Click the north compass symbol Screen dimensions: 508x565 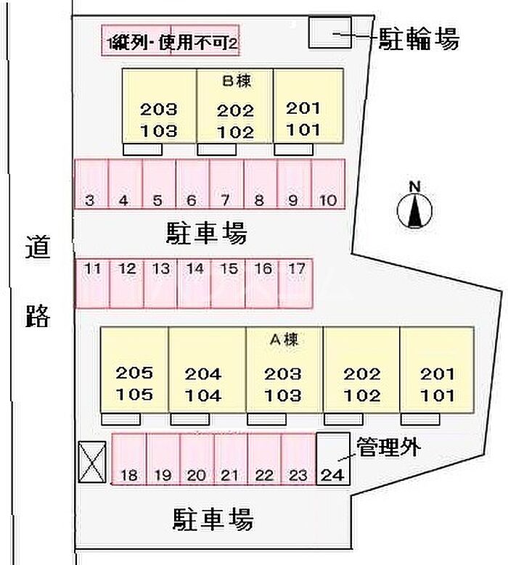[414, 210]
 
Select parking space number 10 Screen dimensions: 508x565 [328, 183]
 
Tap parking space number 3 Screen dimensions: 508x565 [91, 183]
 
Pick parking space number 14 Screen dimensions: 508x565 [194, 283]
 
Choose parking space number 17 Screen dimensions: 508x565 [296, 283]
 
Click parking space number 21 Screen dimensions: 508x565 [231, 459]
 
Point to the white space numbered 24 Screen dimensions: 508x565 [333, 458]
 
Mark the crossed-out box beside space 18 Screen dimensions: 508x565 [92, 462]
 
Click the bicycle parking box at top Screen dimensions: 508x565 [330, 33]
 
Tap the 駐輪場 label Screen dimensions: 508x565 [419, 38]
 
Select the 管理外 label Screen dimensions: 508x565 [388, 448]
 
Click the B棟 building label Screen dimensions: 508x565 [237, 81]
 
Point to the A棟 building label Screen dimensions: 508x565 [284, 339]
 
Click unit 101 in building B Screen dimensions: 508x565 [303, 130]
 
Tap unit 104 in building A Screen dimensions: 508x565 [203, 395]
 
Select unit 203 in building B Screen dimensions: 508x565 [159, 110]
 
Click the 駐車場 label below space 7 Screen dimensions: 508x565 [206, 233]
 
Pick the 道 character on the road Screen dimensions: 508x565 [38, 247]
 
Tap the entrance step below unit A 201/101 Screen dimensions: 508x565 [420, 419]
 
